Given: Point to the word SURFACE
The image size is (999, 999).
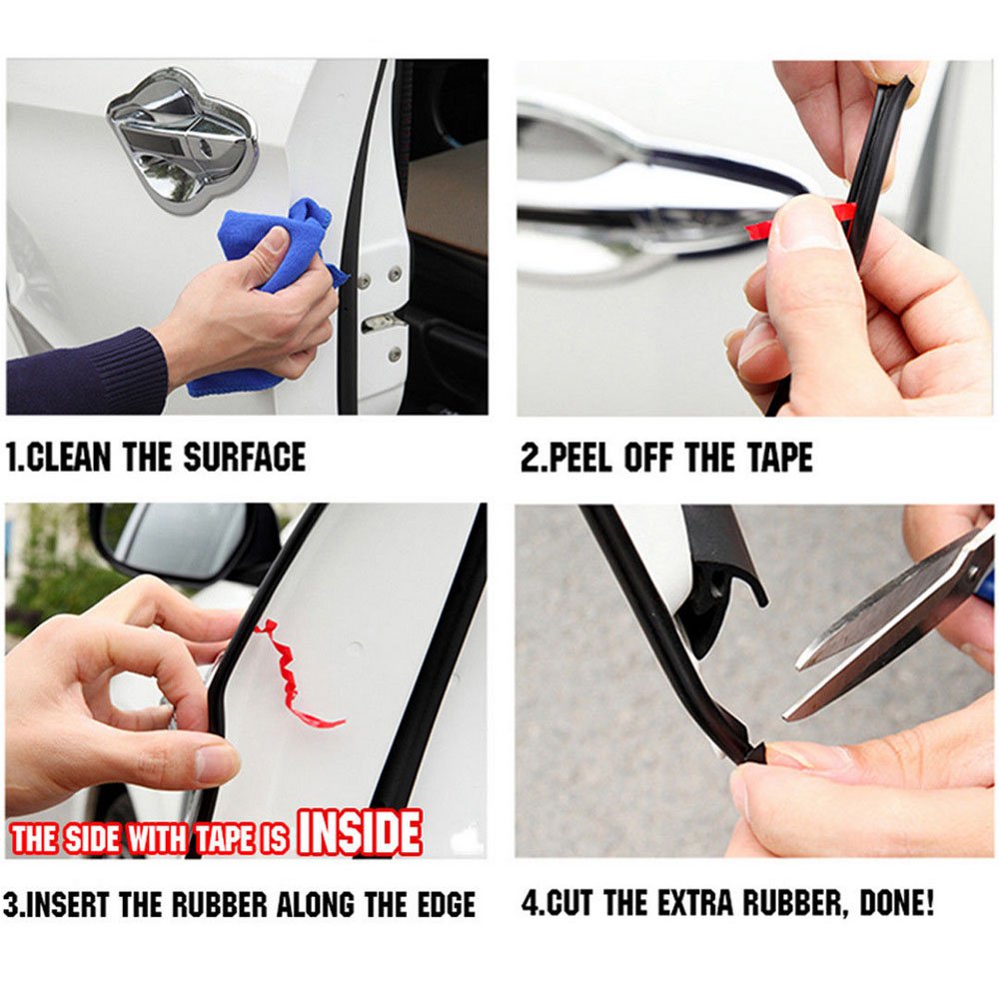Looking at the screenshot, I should [x=244, y=459].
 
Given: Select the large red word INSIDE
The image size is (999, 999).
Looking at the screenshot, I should [x=360, y=832].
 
